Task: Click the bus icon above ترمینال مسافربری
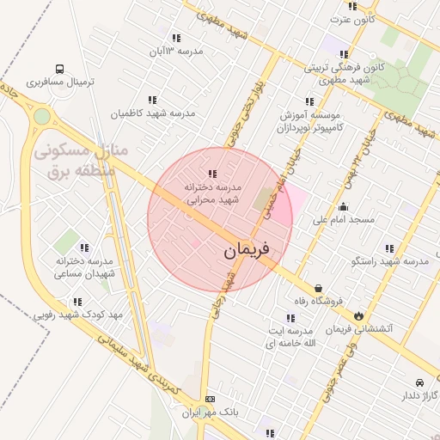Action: [59, 69]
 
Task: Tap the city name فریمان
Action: [247, 250]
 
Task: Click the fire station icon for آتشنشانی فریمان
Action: [358, 315]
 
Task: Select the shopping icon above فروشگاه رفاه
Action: [319, 288]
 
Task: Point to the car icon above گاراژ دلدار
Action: [419, 382]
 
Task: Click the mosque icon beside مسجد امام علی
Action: [344, 206]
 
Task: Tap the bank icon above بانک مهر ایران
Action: [210, 400]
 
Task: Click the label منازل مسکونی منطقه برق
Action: [82, 160]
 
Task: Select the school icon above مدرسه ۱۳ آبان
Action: [176, 38]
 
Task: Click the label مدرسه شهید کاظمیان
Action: [153, 113]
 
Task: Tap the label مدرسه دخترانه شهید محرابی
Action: [213, 192]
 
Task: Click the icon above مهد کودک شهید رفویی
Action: [78, 302]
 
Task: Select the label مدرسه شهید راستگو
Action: [397, 260]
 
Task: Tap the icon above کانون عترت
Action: [352, 6]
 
